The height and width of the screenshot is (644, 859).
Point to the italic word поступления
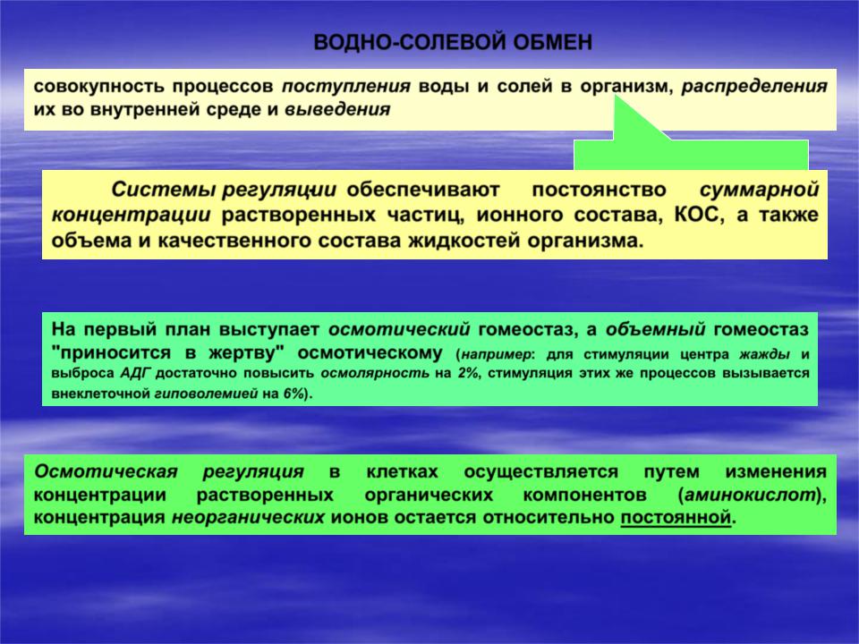(345, 87)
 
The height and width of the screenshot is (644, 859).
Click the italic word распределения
(754, 87)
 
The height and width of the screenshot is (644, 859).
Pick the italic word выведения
(337, 109)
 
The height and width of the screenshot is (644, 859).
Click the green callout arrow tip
(617, 96)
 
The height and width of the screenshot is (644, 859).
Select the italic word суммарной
(760, 190)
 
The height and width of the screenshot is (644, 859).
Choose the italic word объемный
(655, 329)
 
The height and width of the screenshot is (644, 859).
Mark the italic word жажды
(765, 354)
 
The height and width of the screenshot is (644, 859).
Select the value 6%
(294, 394)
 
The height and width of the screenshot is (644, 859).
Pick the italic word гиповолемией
(206, 394)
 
